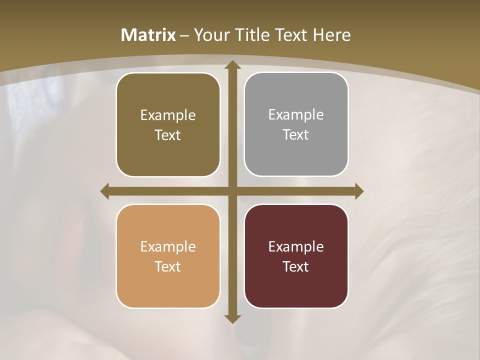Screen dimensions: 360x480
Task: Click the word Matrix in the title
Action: point(148,35)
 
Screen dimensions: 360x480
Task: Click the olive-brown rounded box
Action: point(168,124)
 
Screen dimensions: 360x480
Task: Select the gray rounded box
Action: point(296,124)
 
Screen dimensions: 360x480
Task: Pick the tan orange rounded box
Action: point(168,256)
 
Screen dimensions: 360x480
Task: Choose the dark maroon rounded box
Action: point(296,256)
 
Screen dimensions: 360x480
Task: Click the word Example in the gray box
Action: point(296,114)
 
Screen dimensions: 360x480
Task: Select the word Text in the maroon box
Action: point(296,266)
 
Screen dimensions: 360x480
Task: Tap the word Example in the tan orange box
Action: point(168,246)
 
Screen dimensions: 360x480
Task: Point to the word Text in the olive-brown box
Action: point(168,135)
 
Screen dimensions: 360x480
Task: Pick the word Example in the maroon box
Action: point(296,246)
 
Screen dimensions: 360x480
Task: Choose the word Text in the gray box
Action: point(296,134)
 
